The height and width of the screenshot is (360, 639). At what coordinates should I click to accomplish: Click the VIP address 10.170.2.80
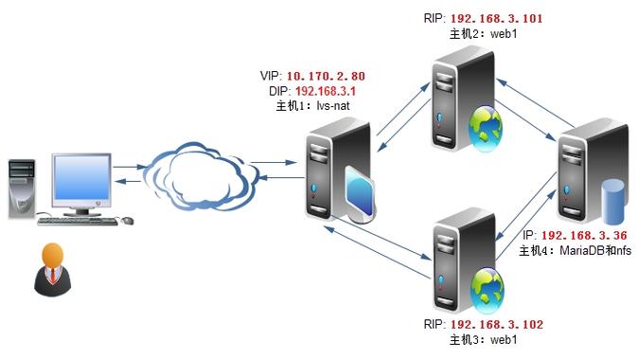(x=326, y=76)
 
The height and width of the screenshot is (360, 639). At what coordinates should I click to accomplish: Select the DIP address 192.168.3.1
(x=330, y=91)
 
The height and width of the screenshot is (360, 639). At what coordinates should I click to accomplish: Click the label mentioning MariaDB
(x=577, y=250)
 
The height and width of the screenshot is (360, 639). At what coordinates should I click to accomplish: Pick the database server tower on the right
(x=580, y=174)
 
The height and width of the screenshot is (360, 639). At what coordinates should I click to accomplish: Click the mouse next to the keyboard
(x=127, y=221)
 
